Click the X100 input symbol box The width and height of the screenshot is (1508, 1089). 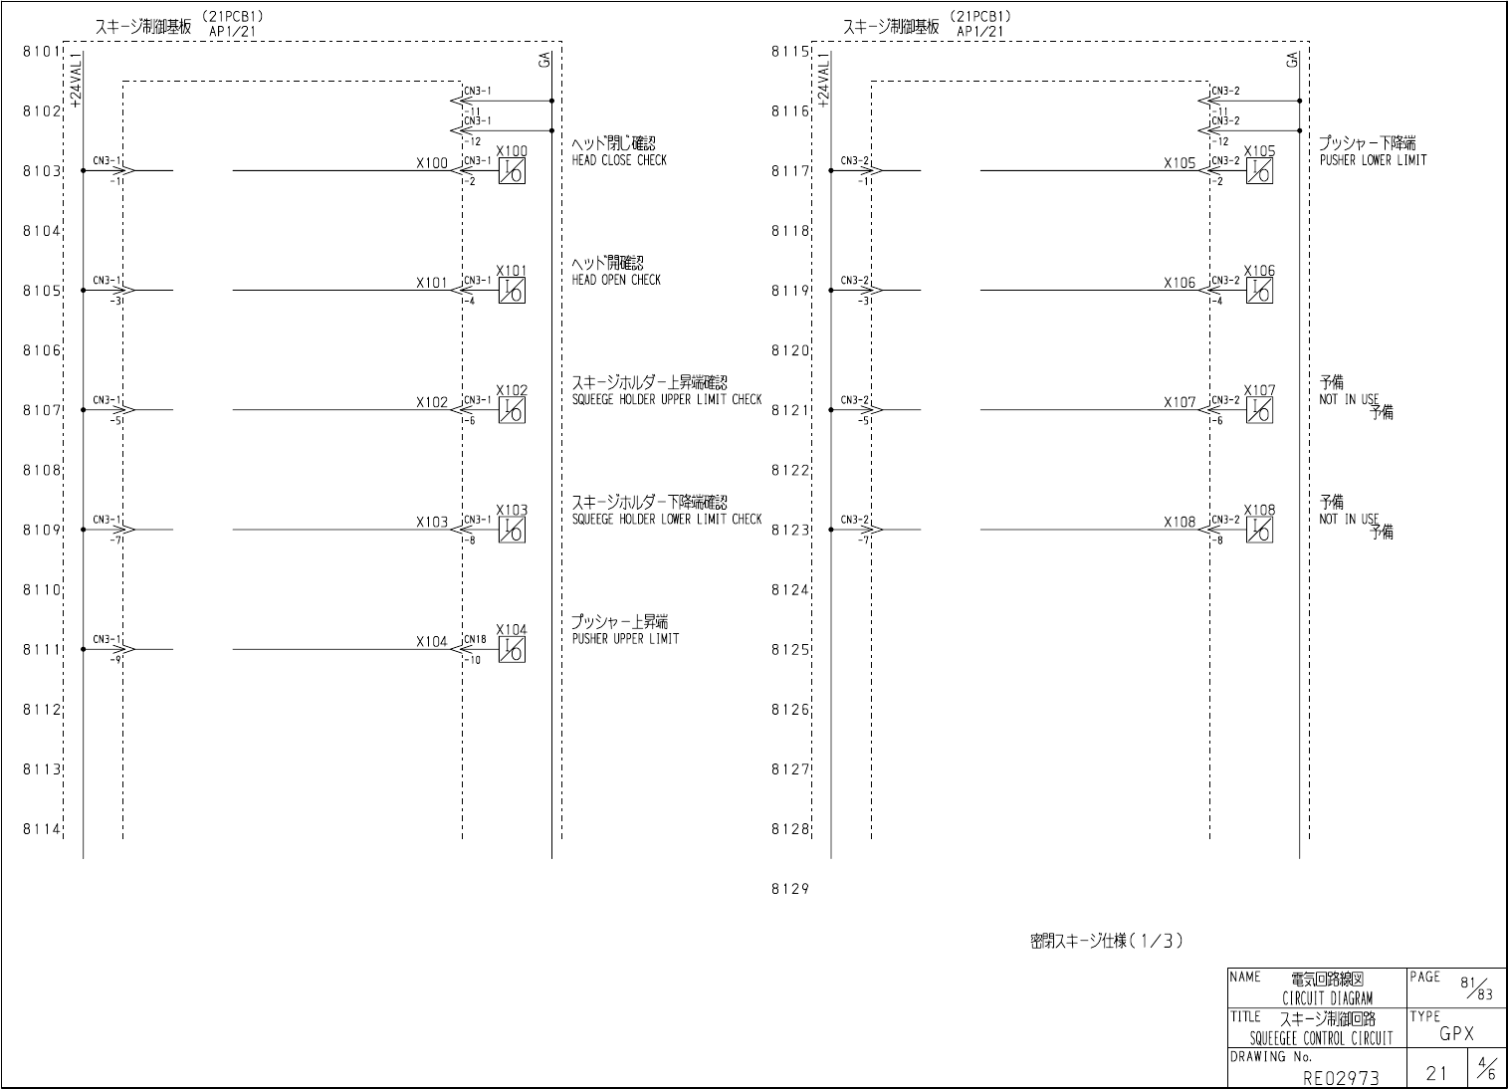[512, 171]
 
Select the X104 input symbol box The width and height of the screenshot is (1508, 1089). [512, 650]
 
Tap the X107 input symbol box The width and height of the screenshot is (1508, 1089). [1259, 410]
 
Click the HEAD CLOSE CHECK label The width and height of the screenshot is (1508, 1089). [619, 160]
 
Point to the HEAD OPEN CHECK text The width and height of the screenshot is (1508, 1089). [616, 280]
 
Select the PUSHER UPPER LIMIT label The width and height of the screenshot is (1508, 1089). [625, 639]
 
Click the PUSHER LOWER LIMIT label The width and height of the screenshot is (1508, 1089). [1373, 160]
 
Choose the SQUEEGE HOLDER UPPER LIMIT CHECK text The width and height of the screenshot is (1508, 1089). [667, 399]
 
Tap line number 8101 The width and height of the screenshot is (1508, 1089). [42, 51]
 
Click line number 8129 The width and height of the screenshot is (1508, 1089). [789, 890]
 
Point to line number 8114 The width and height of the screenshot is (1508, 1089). [42, 829]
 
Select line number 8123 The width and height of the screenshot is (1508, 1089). [790, 530]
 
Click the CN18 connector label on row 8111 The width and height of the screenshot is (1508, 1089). [476, 639]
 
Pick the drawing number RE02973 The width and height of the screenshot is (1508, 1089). [1341, 1076]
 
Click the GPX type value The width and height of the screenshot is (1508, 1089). [1456, 1034]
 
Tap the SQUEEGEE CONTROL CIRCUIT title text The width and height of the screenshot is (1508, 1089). [1322, 1039]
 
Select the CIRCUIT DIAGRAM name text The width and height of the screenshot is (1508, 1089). [1327, 998]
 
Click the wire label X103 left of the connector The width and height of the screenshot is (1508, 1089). [432, 523]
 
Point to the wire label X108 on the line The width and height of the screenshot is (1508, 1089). [1180, 523]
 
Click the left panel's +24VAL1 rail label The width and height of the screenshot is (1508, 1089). [76, 80]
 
